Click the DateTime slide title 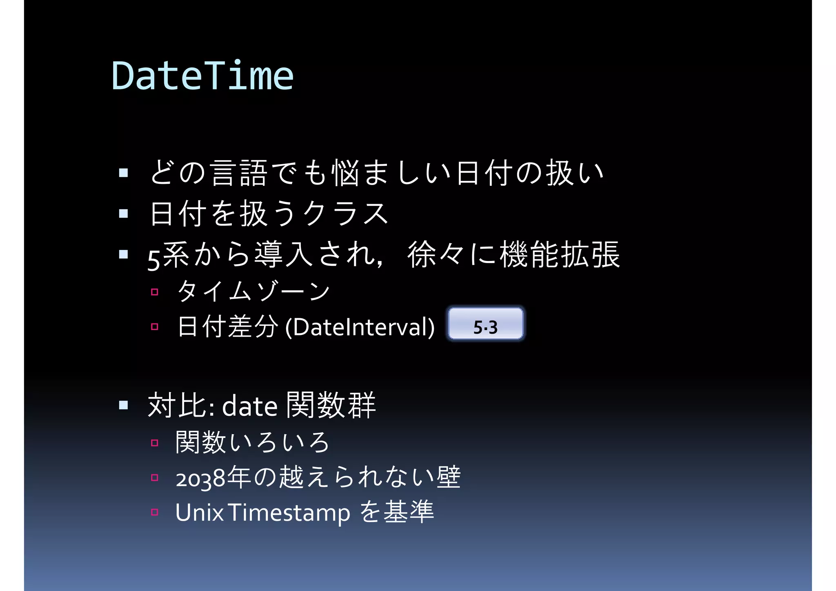202,76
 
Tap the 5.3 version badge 485,324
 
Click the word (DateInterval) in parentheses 360,327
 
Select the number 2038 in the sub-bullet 200,478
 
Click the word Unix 199,513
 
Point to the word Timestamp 289,513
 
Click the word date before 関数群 249,406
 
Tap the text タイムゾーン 253,291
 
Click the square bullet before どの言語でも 123,173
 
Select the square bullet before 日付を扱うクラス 123,214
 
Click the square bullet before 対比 123,405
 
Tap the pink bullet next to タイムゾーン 154,292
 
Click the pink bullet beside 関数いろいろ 154,443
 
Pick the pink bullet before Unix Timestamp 154,512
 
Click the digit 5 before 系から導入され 154,260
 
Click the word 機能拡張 560,254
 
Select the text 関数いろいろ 252,443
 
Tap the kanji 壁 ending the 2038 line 449,477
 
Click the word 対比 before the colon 177,405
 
